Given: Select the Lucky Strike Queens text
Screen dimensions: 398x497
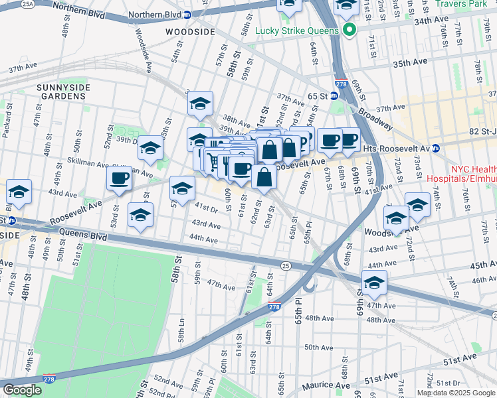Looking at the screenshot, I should click(296, 30).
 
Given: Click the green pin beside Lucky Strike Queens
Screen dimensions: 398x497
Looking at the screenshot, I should click(349, 30).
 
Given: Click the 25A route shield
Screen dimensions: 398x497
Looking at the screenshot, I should click(27, 4).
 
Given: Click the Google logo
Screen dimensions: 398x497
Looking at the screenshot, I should click(22, 390).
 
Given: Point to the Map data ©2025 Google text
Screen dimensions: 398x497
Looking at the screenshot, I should click(456, 393).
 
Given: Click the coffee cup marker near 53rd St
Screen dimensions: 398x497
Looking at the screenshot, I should click(120, 178).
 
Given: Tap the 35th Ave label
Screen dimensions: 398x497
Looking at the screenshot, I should click(410, 62).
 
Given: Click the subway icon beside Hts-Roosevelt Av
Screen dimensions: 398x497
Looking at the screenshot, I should click(436, 148).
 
